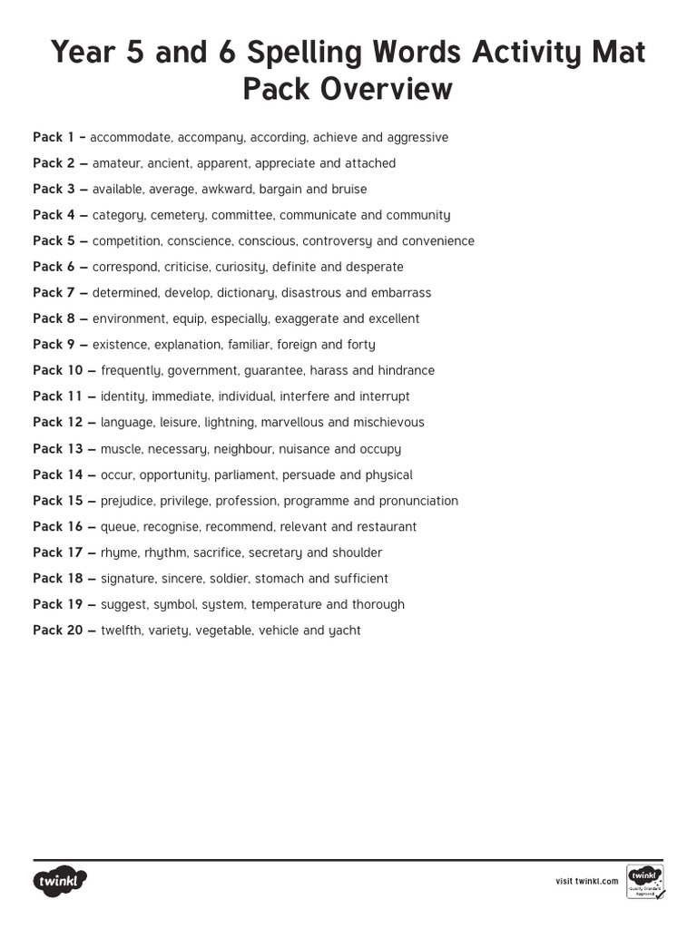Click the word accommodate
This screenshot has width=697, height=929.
(130, 138)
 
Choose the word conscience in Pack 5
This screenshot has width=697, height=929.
(199, 241)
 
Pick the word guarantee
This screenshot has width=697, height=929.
(274, 370)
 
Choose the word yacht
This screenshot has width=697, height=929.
(344, 631)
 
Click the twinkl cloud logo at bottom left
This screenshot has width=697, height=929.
(61, 881)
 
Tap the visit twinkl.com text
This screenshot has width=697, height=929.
(586, 881)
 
